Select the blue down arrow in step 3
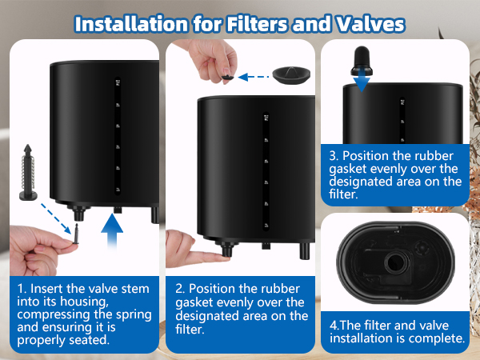(362, 80)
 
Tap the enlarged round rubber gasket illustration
(292, 76)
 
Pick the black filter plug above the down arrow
(362, 58)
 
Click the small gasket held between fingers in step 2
(227, 78)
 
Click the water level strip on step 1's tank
(118, 136)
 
